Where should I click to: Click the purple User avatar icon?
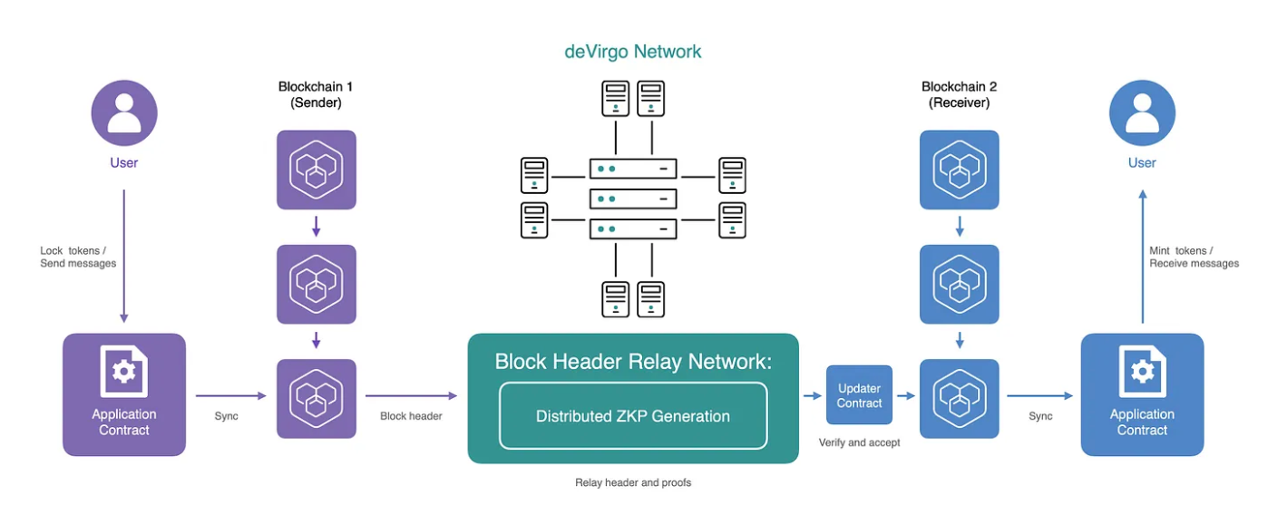124,112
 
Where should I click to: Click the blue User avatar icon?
1142,112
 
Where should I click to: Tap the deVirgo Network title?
633,52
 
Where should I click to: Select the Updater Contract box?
859,394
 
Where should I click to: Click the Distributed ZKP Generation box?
633,416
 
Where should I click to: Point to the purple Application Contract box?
124,394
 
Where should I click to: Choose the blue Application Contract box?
1142,394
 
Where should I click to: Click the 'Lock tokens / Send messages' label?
78,257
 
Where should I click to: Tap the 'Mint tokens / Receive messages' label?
1194,257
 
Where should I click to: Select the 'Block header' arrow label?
411,416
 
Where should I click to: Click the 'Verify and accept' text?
859,442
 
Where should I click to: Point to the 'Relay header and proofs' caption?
633,482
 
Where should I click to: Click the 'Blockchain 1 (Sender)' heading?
316,95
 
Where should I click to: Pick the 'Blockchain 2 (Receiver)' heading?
959,95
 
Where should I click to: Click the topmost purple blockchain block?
316,170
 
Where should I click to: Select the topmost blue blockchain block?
959,170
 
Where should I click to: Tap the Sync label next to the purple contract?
226,416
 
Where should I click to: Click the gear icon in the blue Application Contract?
1142,371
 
